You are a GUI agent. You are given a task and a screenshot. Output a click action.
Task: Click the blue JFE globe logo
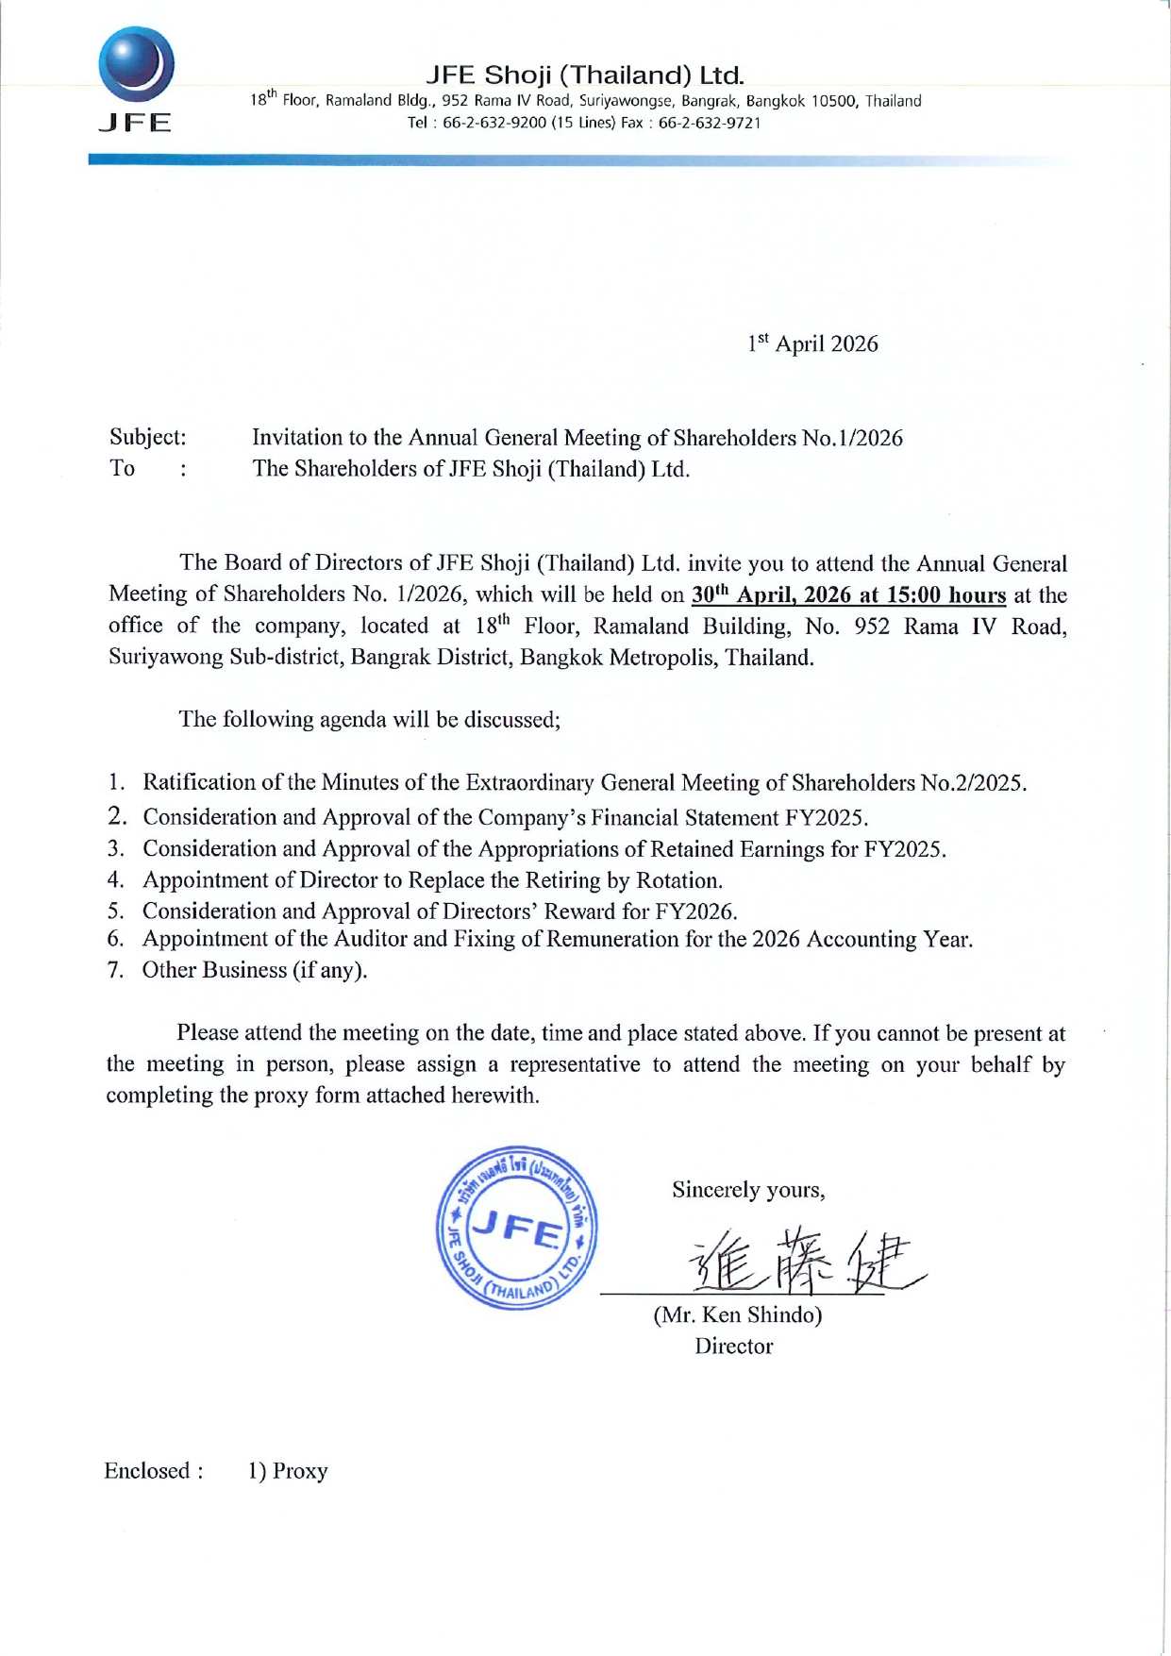click(136, 64)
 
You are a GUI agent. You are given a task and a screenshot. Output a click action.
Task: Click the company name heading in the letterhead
click(585, 75)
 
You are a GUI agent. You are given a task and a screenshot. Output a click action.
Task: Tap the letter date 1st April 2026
click(812, 343)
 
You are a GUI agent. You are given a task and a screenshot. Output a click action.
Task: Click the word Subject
click(146, 437)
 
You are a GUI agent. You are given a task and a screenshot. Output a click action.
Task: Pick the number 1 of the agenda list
click(115, 782)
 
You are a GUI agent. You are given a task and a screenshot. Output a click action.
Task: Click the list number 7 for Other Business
click(115, 970)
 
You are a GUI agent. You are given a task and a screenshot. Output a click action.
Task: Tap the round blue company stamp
click(516, 1228)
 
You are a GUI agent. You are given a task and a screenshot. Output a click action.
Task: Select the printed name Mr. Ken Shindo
click(737, 1314)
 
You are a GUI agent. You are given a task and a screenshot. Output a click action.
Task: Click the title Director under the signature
click(733, 1346)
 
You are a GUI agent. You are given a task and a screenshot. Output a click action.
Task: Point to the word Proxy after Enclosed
click(300, 1471)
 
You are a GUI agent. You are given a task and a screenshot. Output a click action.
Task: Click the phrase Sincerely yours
click(748, 1190)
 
